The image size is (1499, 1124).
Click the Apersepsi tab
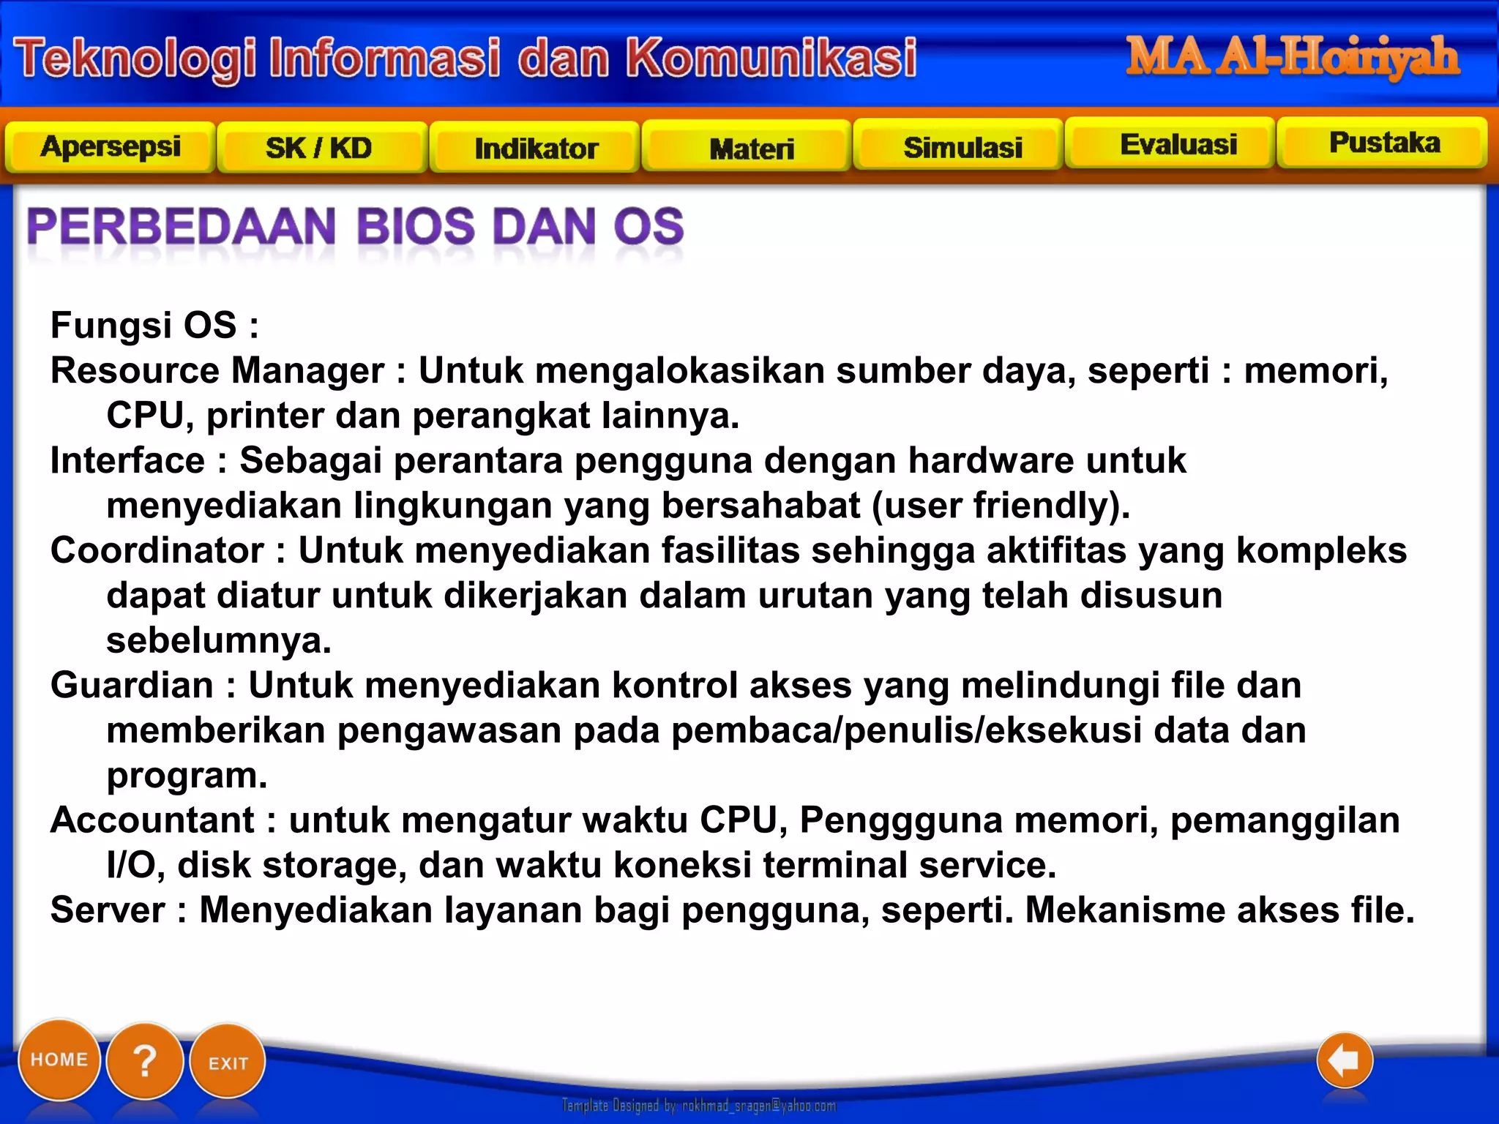pos(111,147)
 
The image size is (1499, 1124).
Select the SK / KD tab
pos(319,149)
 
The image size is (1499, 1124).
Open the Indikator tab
pos(536,149)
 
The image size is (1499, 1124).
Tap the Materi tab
pos(752,149)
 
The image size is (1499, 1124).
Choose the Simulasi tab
pos(962,148)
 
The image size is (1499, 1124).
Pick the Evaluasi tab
pos(1178,145)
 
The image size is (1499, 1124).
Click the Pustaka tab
pos(1384,143)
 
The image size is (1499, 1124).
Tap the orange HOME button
pos(59,1060)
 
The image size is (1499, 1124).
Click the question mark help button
pos(145,1061)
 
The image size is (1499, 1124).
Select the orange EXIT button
pos(228,1063)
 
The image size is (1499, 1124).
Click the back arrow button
pos(1344,1060)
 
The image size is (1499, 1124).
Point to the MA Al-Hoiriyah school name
pos(1292,57)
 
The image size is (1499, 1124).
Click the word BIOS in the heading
pos(415,226)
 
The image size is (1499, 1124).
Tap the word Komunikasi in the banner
pos(771,58)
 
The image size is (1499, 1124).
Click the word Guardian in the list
pos(132,686)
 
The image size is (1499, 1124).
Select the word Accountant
pos(152,820)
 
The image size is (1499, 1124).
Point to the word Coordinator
pos(157,550)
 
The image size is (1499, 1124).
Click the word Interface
pos(127,461)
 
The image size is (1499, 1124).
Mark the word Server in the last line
pos(108,910)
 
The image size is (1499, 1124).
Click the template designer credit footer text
pos(698,1106)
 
